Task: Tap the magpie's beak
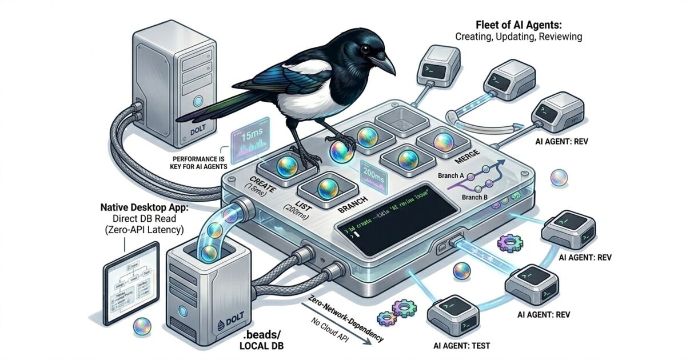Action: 384,62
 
